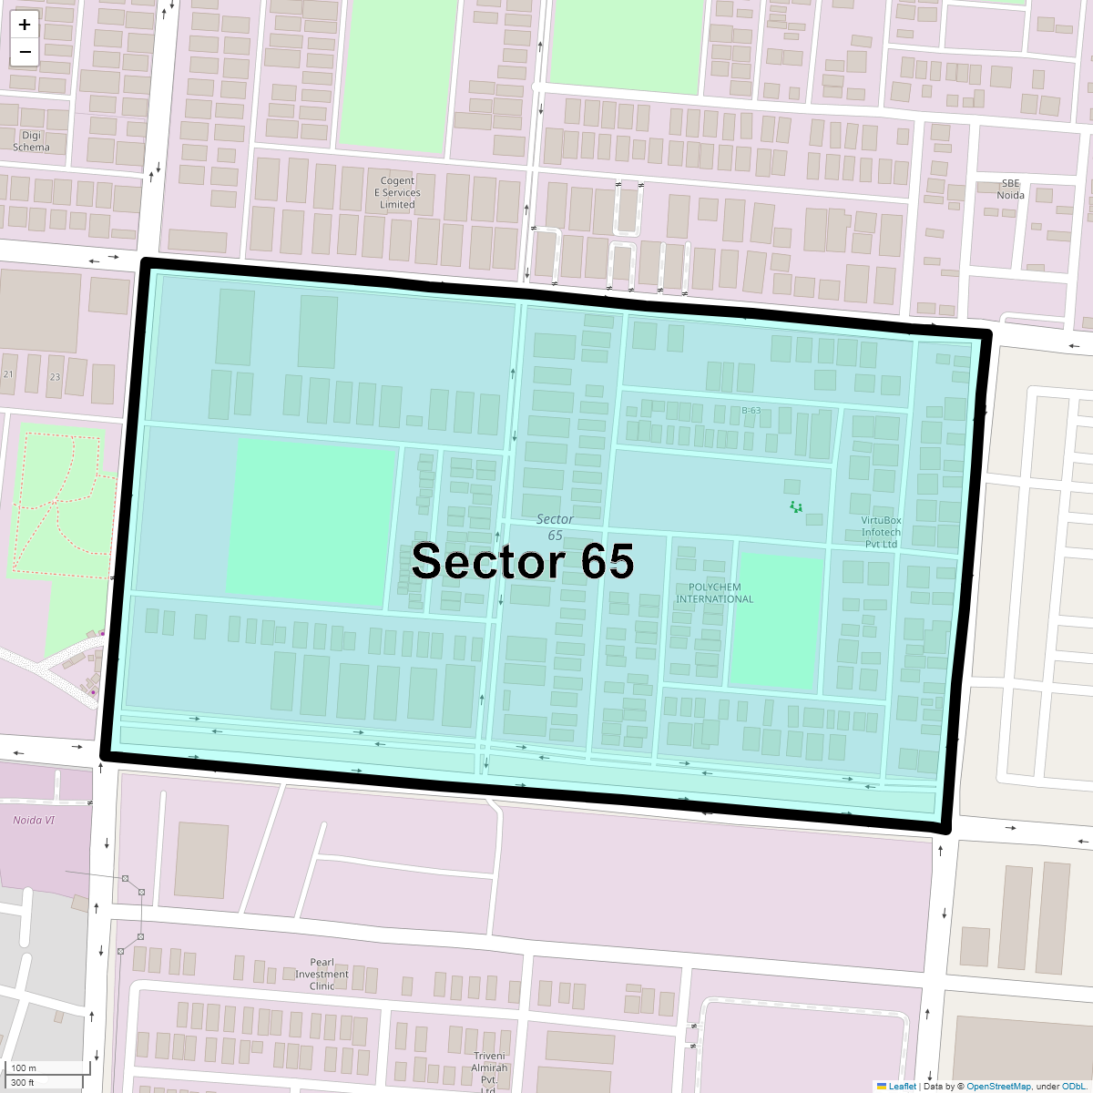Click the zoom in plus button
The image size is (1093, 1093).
tap(25, 25)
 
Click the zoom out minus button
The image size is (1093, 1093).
tap(25, 52)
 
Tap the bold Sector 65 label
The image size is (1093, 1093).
tap(522, 561)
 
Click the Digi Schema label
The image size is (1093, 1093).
tap(31, 141)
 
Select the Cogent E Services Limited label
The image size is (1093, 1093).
tap(397, 192)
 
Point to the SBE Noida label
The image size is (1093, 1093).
tap(1010, 189)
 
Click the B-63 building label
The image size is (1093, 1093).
tap(751, 411)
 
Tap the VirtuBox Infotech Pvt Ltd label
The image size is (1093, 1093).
tap(881, 532)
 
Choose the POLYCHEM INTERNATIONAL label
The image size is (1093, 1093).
tap(715, 593)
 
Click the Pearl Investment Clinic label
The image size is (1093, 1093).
tap(322, 974)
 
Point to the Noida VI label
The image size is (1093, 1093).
tap(34, 820)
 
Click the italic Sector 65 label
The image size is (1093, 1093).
tap(555, 526)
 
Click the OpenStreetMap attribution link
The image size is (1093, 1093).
tap(998, 1086)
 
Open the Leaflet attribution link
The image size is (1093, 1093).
tap(902, 1086)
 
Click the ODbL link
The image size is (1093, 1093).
tap(1072, 1086)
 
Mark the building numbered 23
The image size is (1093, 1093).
tap(55, 376)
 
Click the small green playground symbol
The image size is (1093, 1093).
tap(796, 506)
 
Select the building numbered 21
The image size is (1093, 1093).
tap(8, 374)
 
